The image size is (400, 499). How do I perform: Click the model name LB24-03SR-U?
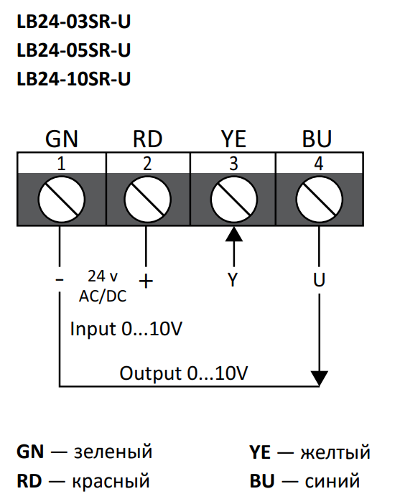(73, 22)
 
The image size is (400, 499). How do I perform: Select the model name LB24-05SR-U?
(73, 50)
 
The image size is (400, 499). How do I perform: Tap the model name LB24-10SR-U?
(73, 78)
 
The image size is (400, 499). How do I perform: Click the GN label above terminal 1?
(62, 139)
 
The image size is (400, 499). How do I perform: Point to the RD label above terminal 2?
(147, 139)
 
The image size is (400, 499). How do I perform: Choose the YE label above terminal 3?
(233, 139)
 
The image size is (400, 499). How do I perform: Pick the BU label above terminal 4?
(317, 139)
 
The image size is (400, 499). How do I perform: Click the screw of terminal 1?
(62, 199)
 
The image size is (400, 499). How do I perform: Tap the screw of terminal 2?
(147, 199)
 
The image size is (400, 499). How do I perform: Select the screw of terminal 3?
(233, 199)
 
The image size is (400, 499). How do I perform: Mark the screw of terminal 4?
(319, 199)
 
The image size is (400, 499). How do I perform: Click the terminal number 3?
(233, 164)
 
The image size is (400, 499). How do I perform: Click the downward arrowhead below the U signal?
(319, 378)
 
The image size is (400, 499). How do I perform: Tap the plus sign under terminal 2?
(146, 281)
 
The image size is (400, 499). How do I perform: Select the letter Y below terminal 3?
(233, 280)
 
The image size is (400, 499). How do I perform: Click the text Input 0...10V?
(126, 328)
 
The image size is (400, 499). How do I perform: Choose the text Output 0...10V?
(184, 373)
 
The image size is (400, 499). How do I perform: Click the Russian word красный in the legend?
(111, 481)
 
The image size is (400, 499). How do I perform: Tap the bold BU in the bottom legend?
(262, 481)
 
